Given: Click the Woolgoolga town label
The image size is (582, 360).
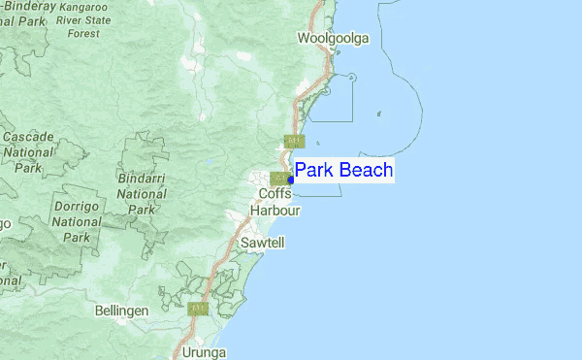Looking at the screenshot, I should coord(334,38).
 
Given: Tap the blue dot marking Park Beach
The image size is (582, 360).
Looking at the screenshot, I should coord(291,180).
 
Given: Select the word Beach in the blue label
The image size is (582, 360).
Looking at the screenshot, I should coord(365,171).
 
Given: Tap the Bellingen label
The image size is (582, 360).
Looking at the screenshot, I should coord(121,311).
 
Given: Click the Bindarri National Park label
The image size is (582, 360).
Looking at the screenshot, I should coord(141,194).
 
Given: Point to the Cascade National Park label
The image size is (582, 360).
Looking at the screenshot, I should coord(27,153).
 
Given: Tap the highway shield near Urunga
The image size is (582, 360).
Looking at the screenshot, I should coord(199,309).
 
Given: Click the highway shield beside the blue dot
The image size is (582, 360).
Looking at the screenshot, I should coord(277,178).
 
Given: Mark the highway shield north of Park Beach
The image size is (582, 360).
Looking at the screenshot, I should coord(290,141).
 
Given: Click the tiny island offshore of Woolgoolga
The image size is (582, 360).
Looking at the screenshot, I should coord(377,114).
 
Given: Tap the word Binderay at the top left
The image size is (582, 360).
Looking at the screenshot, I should coord(29,6).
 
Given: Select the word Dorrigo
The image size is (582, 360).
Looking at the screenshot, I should coord(76,208).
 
